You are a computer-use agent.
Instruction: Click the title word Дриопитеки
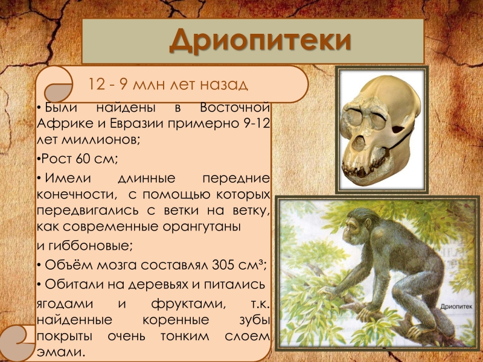[260, 40]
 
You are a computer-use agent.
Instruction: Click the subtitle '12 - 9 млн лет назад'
[168, 84]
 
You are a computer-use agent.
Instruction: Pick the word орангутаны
[202, 227]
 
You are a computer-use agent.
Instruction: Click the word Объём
[69, 265]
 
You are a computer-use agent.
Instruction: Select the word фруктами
[188, 304]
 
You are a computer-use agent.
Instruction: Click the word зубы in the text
[254, 320]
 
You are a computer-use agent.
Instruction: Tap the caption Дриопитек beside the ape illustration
[456, 306]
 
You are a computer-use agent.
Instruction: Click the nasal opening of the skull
[359, 143]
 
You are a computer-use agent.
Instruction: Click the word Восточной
[235, 108]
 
